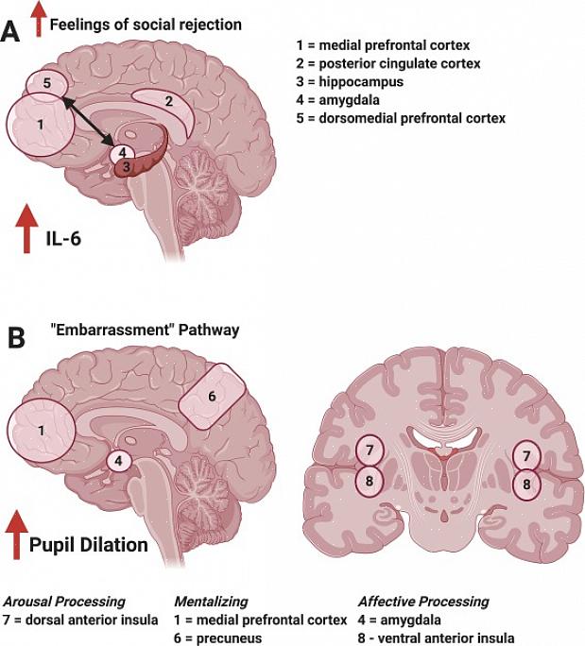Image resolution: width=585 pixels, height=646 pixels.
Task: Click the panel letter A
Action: (x=11, y=31)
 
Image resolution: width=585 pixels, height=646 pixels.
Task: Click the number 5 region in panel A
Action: (x=46, y=84)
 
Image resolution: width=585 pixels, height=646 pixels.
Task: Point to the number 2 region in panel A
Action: (x=167, y=100)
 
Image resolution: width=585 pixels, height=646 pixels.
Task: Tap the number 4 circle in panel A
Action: (x=123, y=152)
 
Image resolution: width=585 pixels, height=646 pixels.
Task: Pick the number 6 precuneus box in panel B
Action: (x=212, y=396)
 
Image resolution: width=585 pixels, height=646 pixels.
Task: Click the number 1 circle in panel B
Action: (x=40, y=431)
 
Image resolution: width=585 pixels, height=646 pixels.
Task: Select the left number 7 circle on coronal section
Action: (x=370, y=450)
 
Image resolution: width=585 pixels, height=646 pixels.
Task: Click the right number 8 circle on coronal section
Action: (x=526, y=484)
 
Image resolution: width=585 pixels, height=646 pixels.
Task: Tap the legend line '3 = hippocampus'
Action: (x=350, y=82)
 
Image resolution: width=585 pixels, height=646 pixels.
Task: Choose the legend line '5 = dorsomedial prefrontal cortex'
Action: (x=401, y=119)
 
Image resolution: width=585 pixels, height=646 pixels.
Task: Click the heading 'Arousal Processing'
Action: (x=64, y=602)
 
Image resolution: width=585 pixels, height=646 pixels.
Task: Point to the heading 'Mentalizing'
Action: (x=213, y=602)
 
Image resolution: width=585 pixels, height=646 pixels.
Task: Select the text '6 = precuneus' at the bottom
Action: (x=218, y=637)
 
